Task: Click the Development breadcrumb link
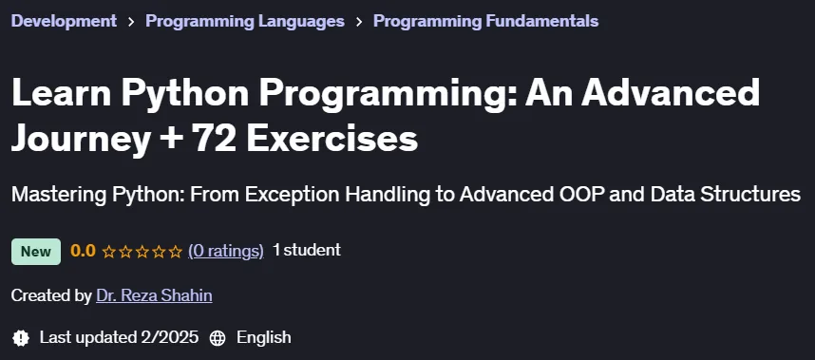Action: [64, 21]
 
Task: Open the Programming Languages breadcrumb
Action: [245, 21]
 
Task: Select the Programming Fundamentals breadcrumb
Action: [486, 21]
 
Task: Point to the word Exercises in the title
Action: [332, 140]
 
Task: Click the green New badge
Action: [36, 252]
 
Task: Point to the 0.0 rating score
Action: [84, 252]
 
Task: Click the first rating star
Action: [108, 252]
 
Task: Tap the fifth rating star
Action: [176, 252]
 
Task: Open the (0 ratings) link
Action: [225, 252]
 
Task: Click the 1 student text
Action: [307, 251]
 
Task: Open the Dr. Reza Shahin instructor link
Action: [155, 295]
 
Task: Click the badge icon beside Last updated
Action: [20, 337]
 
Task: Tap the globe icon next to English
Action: [218, 338]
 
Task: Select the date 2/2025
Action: [169, 337]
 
